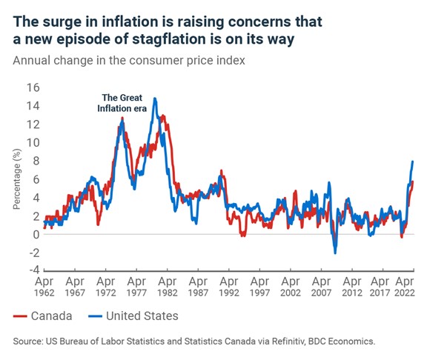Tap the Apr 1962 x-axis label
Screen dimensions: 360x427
pyautogui.click(x=44, y=287)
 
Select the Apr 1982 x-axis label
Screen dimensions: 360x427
pyautogui.click(x=168, y=287)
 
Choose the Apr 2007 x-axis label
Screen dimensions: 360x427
pyautogui.click(x=323, y=287)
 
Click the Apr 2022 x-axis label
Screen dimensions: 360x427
pyautogui.click(x=403, y=287)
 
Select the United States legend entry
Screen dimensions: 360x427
pyautogui.click(x=132, y=316)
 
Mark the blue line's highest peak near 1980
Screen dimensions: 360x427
pyautogui.click(x=154, y=98)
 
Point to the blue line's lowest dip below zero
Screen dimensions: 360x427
pyautogui.click(x=334, y=253)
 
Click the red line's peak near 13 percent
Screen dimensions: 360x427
pyautogui.click(x=162, y=116)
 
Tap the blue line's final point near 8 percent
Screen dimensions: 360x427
pyautogui.click(x=412, y=161)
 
